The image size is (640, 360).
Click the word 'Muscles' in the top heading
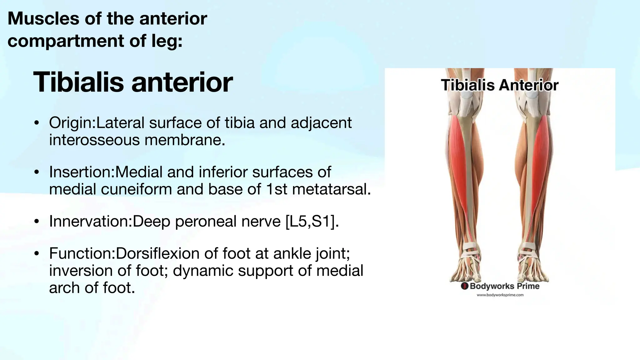(43, 18)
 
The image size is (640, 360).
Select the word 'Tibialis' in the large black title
(78, 82)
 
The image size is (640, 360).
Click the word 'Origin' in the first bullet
(71, 123)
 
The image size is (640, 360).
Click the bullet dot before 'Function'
(37, 253)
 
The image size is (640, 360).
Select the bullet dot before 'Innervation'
(37, 222)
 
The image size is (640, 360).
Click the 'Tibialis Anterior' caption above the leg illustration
(499, 85)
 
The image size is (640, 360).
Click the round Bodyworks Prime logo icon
(465, 286)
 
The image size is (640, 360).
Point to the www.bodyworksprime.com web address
(500, 295)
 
